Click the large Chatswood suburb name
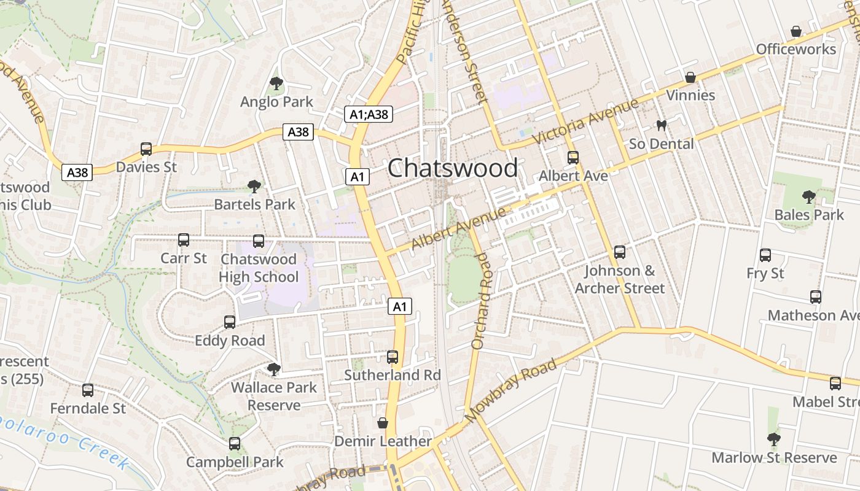pos(453,168)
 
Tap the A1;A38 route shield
pos(369,114)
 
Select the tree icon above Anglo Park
pos(276,83)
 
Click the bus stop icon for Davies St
pos(146,149)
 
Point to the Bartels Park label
pos(254,204)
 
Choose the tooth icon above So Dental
pos(662,126)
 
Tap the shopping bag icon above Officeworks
pos(796,31)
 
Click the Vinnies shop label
pos(690,95)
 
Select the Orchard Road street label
pos(482,301)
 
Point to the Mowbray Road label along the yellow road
pos(511,391)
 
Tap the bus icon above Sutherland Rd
pos(393,357)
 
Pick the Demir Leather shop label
pos(383,441)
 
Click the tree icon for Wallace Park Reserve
pos(274,369)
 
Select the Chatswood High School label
pos(259,268)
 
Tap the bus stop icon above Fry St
pos(765,255)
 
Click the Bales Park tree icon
pos(809,197)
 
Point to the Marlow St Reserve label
pos(774,458)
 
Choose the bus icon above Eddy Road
pos(230,322)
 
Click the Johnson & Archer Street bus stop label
pos(620,279)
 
